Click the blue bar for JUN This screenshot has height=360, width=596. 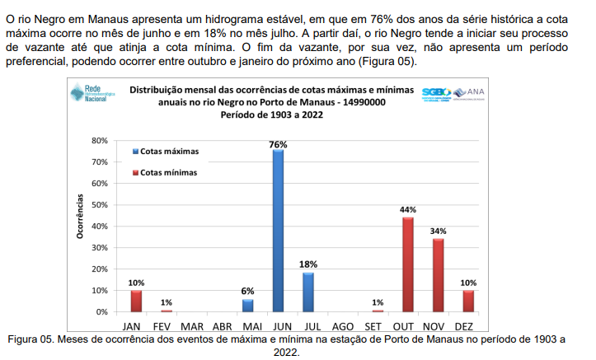tap(278, 231)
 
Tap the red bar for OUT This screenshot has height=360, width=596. tap(407, 264)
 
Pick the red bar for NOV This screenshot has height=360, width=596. tap(438, 275)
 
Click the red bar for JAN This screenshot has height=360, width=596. tap(136, 301)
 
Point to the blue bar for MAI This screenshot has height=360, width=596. tap(247, 305)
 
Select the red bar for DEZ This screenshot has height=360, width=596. tap(468, 301)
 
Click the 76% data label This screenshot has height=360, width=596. tap(278, 144)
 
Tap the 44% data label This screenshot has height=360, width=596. tap(407, 210)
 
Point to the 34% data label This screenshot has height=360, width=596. tap(438, 231)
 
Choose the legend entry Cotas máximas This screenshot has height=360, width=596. tap(169, 152)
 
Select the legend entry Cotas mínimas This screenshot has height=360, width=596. tap(168, 173)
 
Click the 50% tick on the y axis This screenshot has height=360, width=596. tap(99, 204)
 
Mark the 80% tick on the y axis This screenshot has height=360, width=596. tap(99, 141)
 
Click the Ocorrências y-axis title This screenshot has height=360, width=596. tap(81, 216)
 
